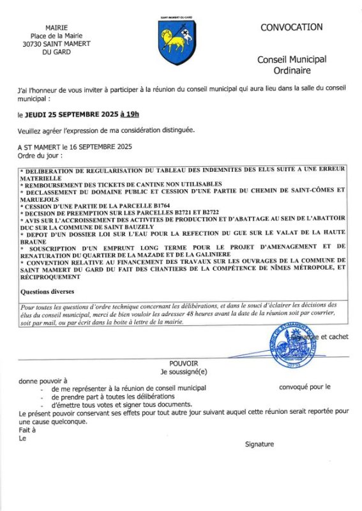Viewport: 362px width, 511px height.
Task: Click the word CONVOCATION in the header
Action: tap(291, 27)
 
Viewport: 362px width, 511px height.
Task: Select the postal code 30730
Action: tap(33, 44)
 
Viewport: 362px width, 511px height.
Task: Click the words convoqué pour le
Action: tap(305, 387)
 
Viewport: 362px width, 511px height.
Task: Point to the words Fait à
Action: tap(27, 429)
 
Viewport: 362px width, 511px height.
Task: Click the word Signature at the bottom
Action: tap(259, 444)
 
